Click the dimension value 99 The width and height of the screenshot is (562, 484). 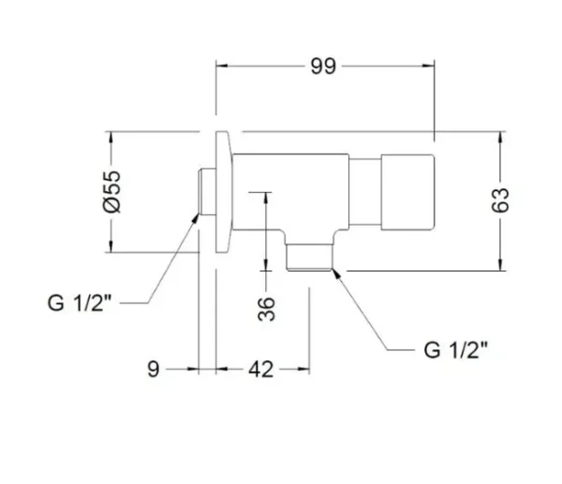pos(324,66)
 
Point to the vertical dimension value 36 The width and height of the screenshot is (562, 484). pos(265,308)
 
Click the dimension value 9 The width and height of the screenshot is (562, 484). pos(154,369)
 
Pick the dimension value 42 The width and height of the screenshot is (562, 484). pos(262,369)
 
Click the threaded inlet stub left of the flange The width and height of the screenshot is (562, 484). pos(207,192)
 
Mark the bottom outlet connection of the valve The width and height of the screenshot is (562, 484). pos(309,255)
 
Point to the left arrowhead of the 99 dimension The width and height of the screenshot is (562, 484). pos(221,66)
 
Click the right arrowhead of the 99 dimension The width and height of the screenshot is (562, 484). pos(430,66)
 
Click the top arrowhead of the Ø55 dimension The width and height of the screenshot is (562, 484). pos(112,137)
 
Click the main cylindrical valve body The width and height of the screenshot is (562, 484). pos(290,187)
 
